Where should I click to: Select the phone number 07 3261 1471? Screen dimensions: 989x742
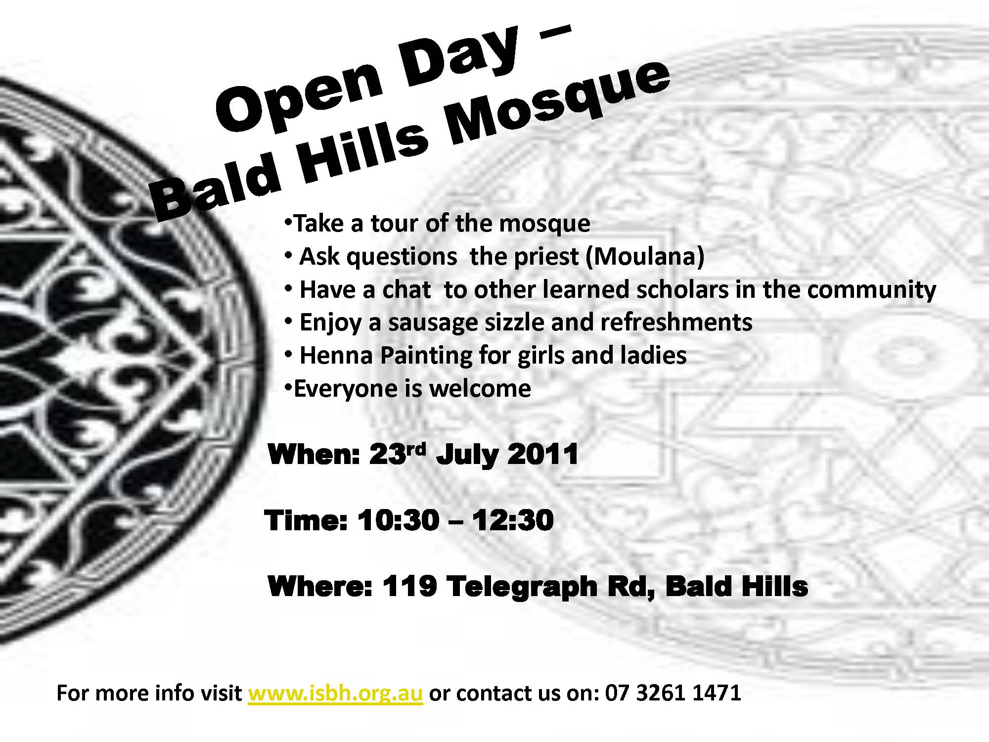(x=673, y=693)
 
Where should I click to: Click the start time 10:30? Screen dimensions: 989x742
(x=398, y=520)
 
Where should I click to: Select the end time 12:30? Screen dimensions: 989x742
(x=512, y=520)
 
